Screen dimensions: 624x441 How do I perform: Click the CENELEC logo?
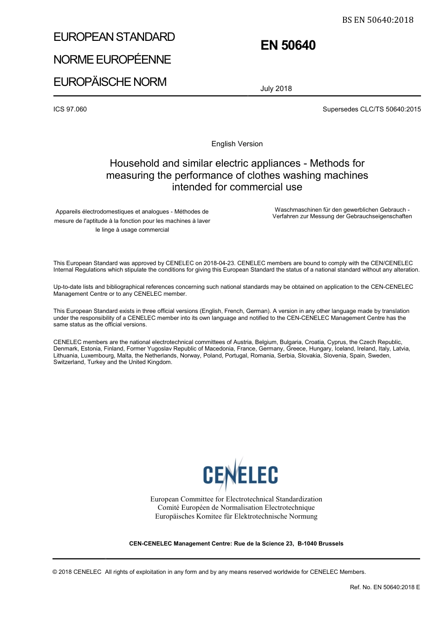pyautogui.click(x=240, y=474)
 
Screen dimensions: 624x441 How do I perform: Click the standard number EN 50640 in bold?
pyautogui.click(x=288, y=45)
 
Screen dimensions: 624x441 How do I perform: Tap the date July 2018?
pyautogui.click(x=276, y=89)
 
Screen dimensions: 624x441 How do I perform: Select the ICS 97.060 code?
pyautogui.click(x=70, y=110)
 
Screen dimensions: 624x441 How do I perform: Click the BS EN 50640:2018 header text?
pyautogui.click(x=377, y=20)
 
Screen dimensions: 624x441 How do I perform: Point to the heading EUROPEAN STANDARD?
pyautogui.click(x=114, y=37)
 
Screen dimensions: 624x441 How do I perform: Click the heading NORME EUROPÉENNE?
pyautogui.click(x=112, y=60)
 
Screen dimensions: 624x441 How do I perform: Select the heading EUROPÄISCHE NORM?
pyautogui.click(x=110, y=82)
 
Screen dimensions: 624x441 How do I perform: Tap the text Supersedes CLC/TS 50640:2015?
pyautogui.click(x=371, y=110)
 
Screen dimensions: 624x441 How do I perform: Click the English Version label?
pyautogui.click(x=237, y=144)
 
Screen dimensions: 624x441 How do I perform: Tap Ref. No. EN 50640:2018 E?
pyautogui.click(x=384, y=587)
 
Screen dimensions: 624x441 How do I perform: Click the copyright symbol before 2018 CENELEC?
pyautogui.click(x=55, y=572)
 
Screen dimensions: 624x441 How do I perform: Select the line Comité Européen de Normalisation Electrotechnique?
pyautogui.click(x=236, y=508)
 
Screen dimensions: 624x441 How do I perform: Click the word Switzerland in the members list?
pyautogui.click(x=69, y=362)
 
